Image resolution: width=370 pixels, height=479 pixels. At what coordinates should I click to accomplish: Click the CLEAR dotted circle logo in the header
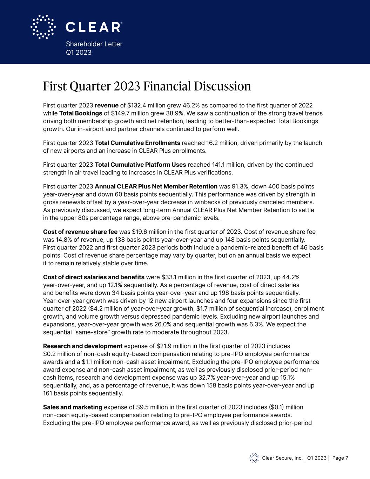(43, 27)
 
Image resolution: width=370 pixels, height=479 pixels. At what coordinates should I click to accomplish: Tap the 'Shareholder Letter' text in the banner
(94, 44)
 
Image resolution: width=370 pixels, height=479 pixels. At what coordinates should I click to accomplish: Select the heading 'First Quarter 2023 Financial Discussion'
(147, 86)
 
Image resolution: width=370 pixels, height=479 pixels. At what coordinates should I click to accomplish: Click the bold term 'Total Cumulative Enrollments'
(137, 143)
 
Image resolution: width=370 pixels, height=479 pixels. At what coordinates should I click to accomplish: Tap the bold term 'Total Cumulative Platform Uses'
(140, 165)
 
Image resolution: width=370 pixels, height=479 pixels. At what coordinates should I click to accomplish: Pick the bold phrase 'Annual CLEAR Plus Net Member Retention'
(156, 186)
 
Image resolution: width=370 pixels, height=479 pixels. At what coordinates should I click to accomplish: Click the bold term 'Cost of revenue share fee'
(80, 232)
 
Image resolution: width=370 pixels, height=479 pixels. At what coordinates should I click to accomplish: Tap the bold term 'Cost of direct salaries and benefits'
(94, 277)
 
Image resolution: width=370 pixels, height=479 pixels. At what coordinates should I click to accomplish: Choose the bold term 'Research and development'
(83, 346)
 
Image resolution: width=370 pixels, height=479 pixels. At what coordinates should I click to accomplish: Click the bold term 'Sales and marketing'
(73, 407)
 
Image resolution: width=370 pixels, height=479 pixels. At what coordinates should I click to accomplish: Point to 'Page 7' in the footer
(340, 458)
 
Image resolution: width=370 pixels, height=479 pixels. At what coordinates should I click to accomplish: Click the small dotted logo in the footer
(254, 458)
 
